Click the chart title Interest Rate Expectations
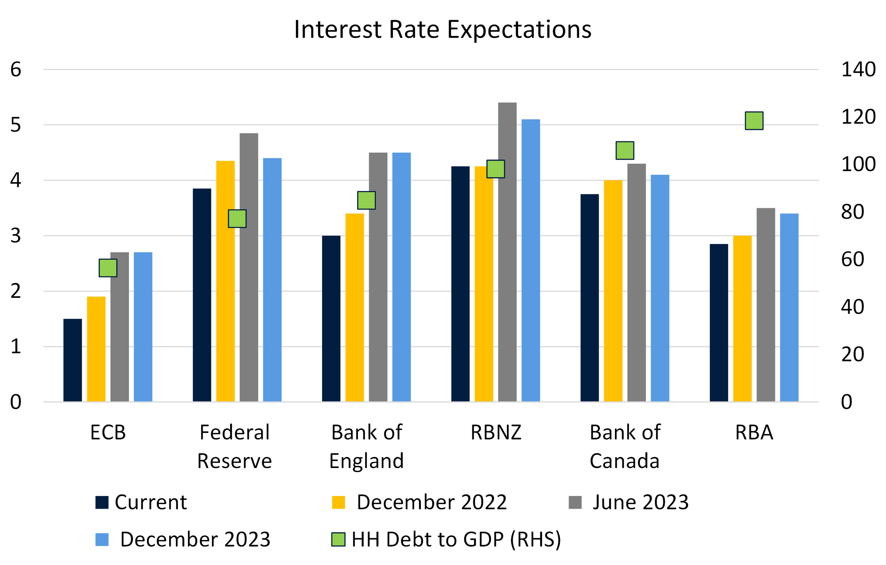[x=443, y=29]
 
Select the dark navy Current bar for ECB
[x=72, y=360]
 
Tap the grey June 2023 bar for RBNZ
[x=507, y=252]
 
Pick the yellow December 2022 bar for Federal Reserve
[x=225, y=281]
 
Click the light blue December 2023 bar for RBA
[x=789, y=307]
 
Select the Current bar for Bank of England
[x=331, y=318]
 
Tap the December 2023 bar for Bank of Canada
[x=660, y=288]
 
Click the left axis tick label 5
[x=15, y=125]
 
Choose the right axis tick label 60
[x=852, y=259]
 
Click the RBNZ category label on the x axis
[x=496, y=432]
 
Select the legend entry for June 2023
[x=628, y=502]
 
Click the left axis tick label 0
[x=15, y=402]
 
